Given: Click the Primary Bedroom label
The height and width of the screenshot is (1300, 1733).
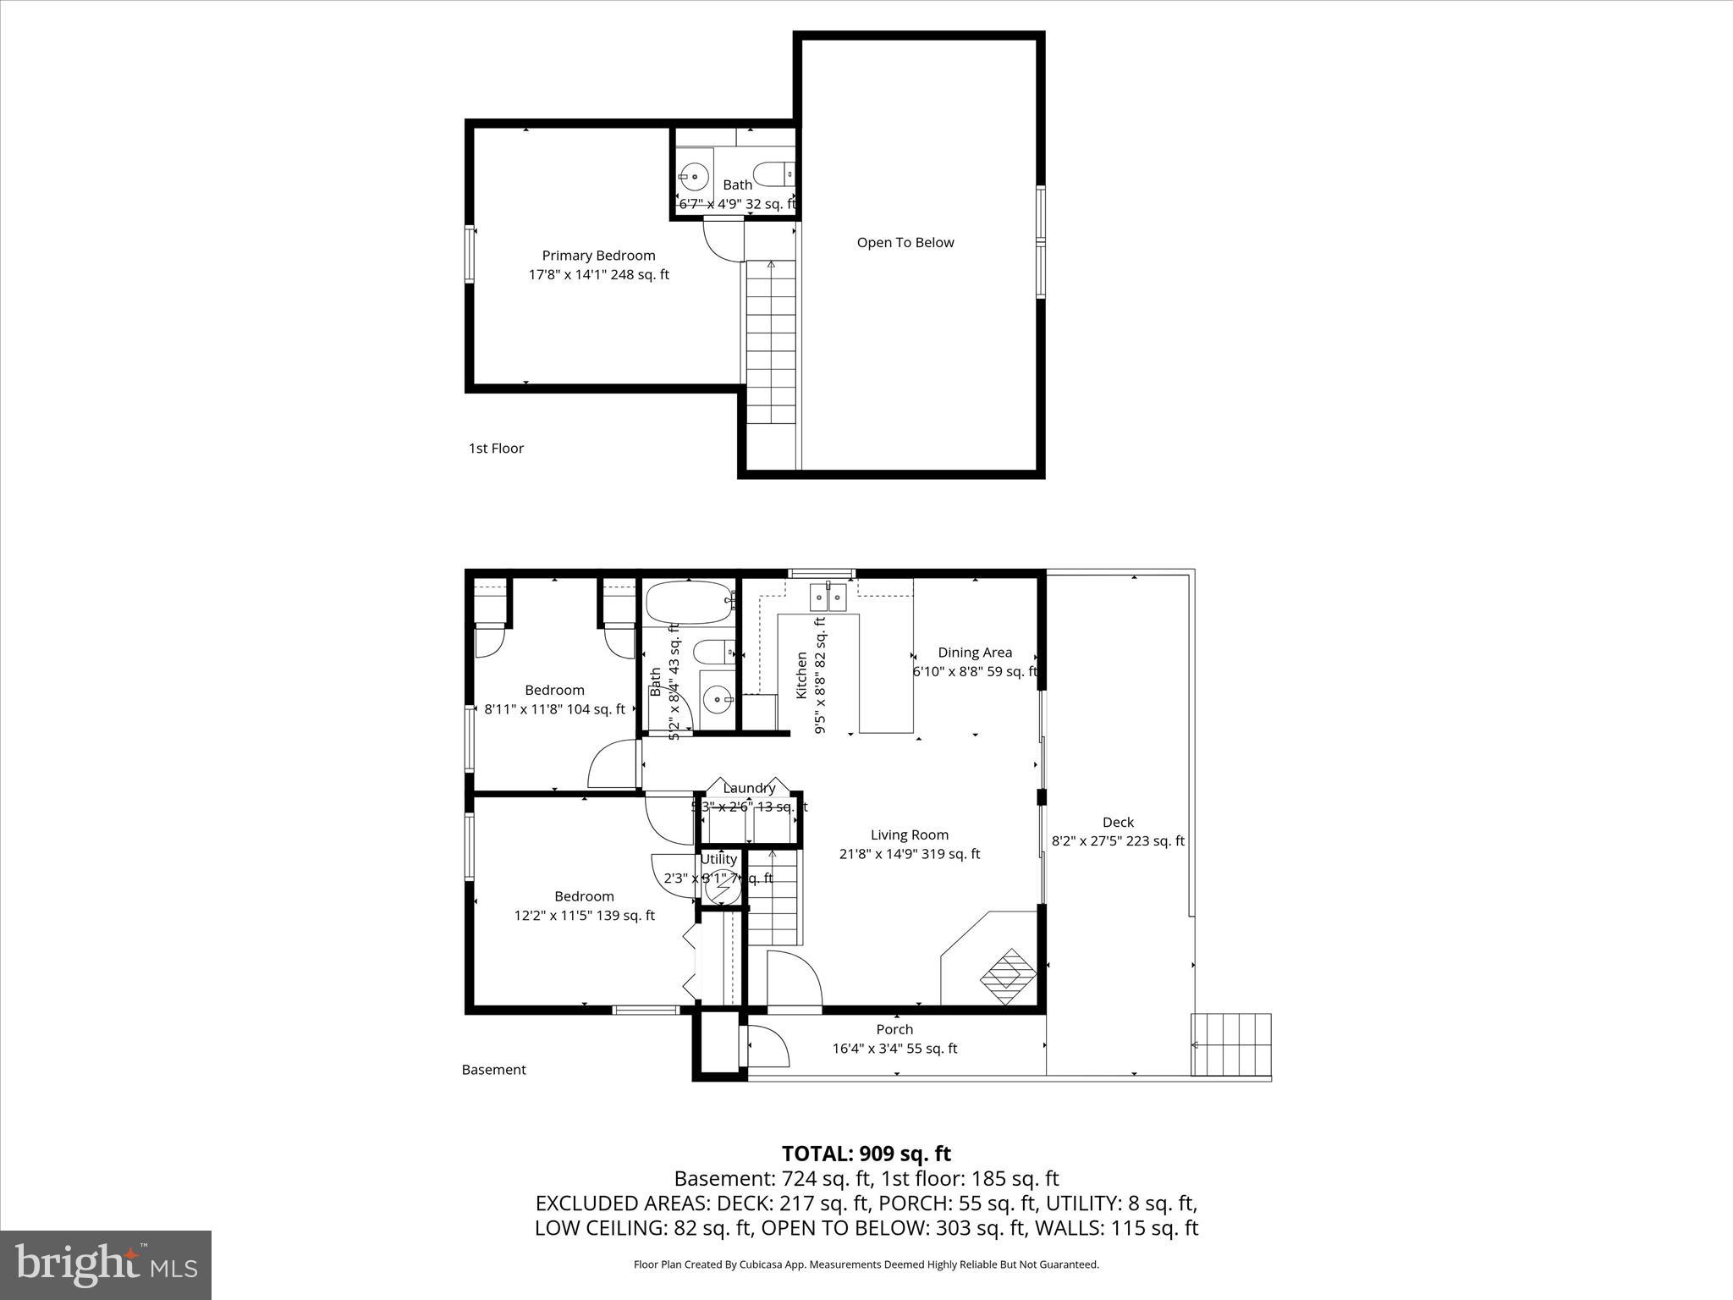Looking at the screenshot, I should pyautogui.click(x=598, y=256).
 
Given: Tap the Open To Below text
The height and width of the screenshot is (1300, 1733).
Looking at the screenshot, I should pyautogui.click(x=905, y=243).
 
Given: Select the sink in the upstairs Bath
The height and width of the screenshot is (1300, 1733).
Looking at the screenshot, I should pyautogui.click(x=694, y=177).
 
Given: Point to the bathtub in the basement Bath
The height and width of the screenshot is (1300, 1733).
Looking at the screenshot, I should pyautogui.click(x=688, y=603).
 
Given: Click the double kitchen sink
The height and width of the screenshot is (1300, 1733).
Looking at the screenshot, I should pyautogui.click(x=828, y=598).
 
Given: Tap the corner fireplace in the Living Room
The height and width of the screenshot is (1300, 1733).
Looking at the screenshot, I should pyautogui.click(x=1007, y=977).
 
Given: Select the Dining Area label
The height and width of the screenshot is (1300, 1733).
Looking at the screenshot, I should pyautogui.click(x=974, y=653).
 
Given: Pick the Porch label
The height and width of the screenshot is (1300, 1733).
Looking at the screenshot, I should pyautogui.click(x=894, y=1030).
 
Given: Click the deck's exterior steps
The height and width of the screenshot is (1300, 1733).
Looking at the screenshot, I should pyautogui.click(x=1231, y=1044).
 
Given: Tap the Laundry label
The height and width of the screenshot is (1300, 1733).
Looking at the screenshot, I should pyautogui.click(x=749, y=788).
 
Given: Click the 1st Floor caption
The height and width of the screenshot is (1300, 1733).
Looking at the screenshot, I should pyautogui.click(x=496, y=449).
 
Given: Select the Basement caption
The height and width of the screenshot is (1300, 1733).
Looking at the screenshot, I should pyautogui.click(x=493, y=1070).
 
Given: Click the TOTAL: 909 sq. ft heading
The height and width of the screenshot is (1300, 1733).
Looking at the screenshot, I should pyautogui.click(x=866, y=1154).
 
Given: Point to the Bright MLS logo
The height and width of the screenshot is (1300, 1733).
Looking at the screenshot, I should pyautogui.click(x=106, y=1264).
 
